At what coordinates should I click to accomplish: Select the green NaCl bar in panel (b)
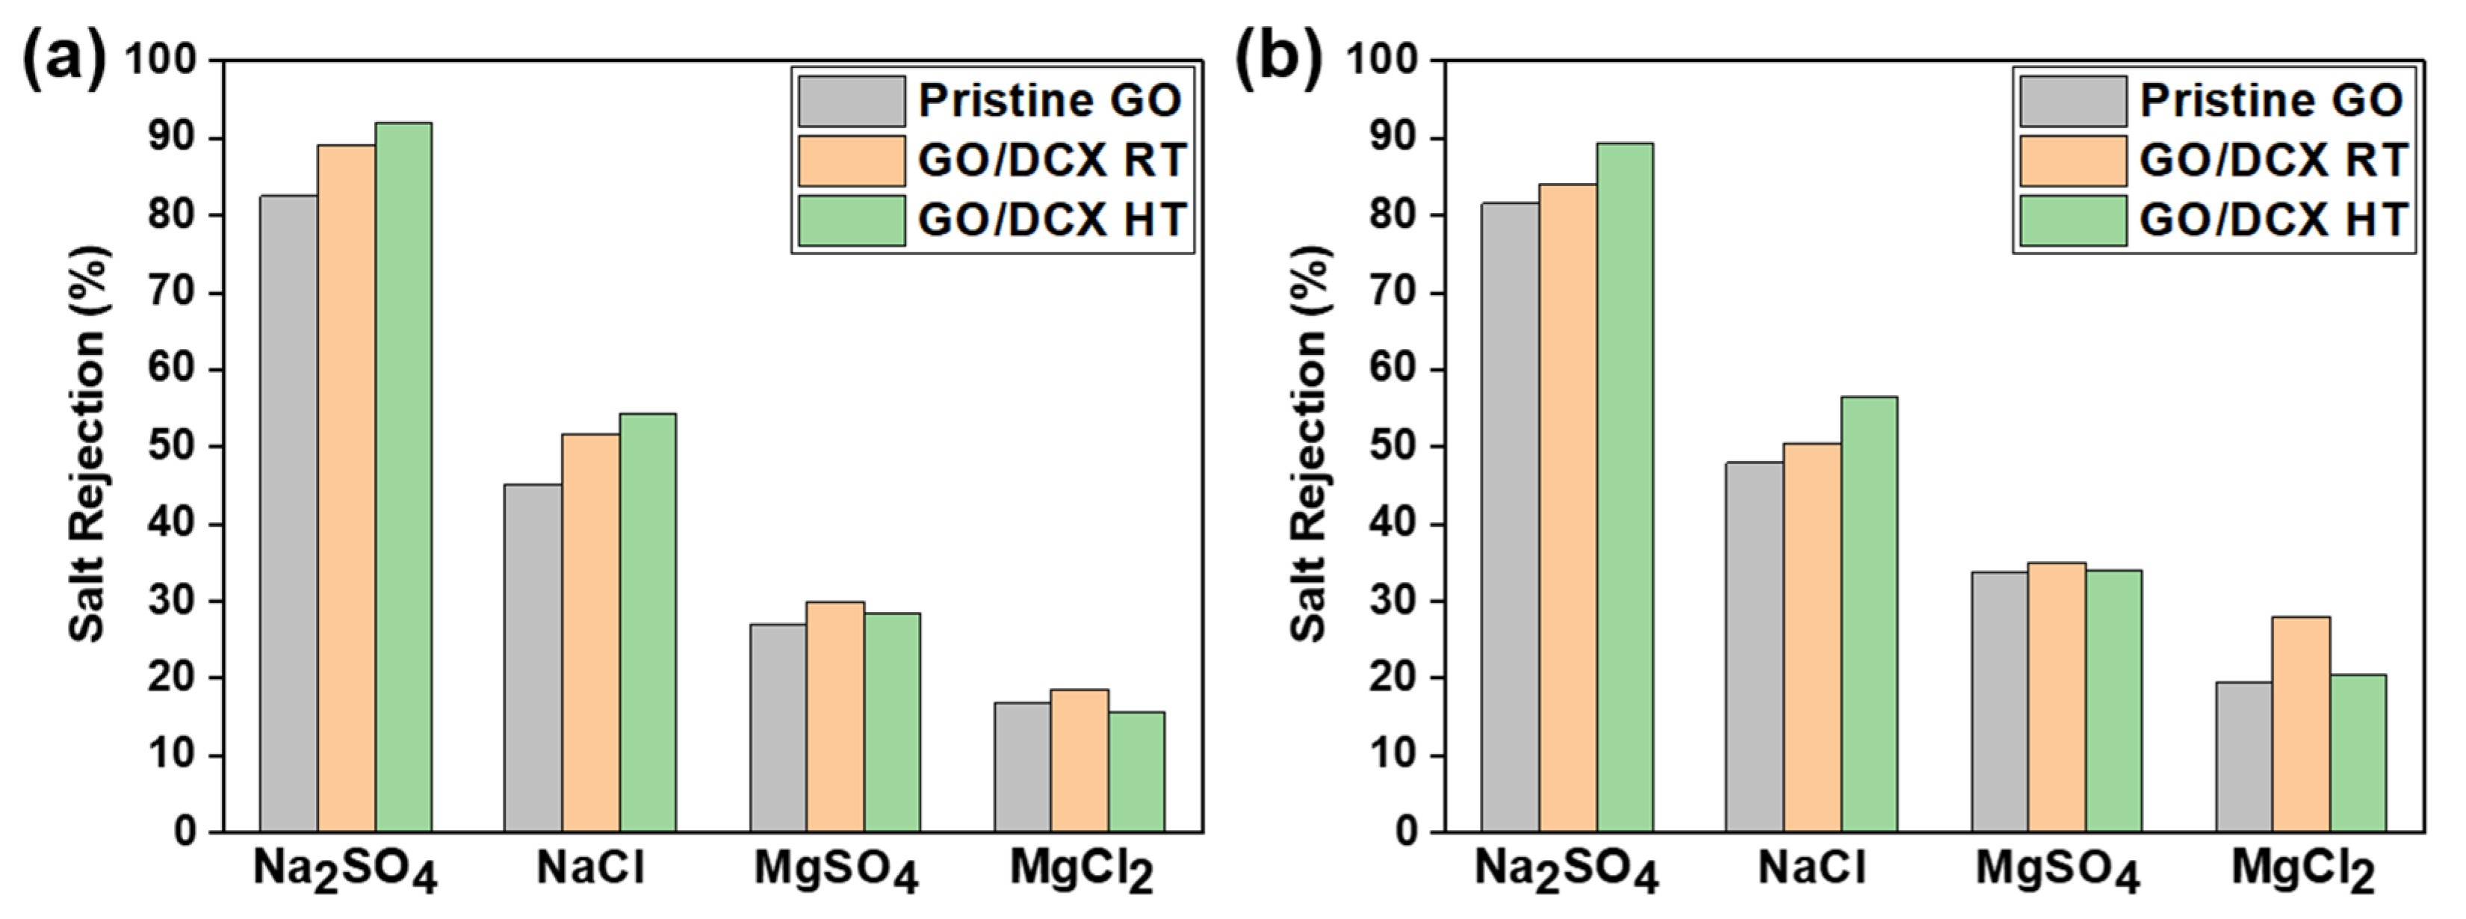click(1870, 613)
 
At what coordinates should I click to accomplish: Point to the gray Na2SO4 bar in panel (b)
click(1511, 517)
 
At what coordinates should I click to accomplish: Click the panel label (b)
click(1278, 59)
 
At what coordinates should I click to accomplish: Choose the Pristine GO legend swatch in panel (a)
click(851, 101)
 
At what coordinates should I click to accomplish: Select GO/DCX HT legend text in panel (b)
click(2273, 220)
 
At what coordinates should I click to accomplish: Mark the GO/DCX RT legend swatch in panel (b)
click(2072, 161)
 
